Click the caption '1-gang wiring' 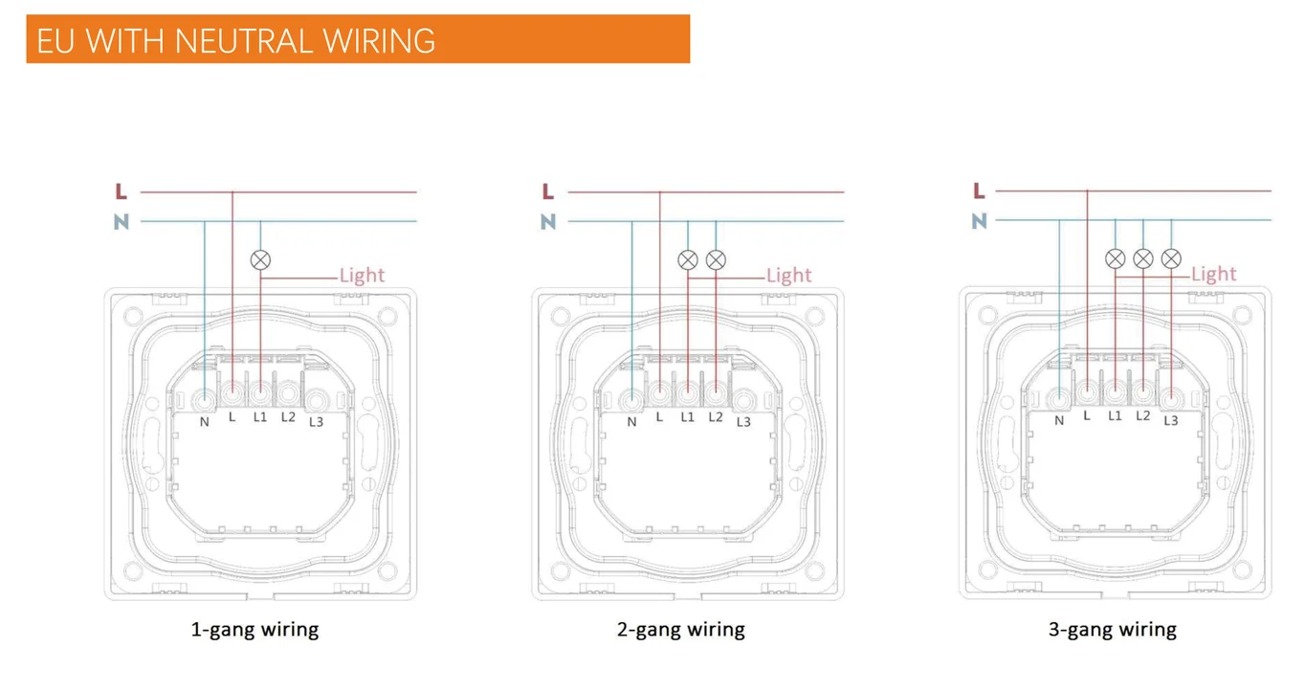coord(254,630)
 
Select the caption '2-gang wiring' coord(680,630)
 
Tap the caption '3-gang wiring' coord(1112,630)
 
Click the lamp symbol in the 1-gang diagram coord(260,259)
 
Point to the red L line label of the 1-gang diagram coord(121,192)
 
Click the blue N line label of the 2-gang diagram coord(547,222)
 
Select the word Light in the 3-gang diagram coord(1213,275)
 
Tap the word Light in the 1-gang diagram coord(362,276)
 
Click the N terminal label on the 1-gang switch coord(204,421)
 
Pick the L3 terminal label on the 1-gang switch coord(316,422)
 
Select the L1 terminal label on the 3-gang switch coord(1115,415)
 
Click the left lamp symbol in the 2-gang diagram coord(687,259)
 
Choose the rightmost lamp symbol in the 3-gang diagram coord(1171,258)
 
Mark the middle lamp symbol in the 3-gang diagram coord(1142,258)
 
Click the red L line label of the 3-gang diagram coord(978,191)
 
